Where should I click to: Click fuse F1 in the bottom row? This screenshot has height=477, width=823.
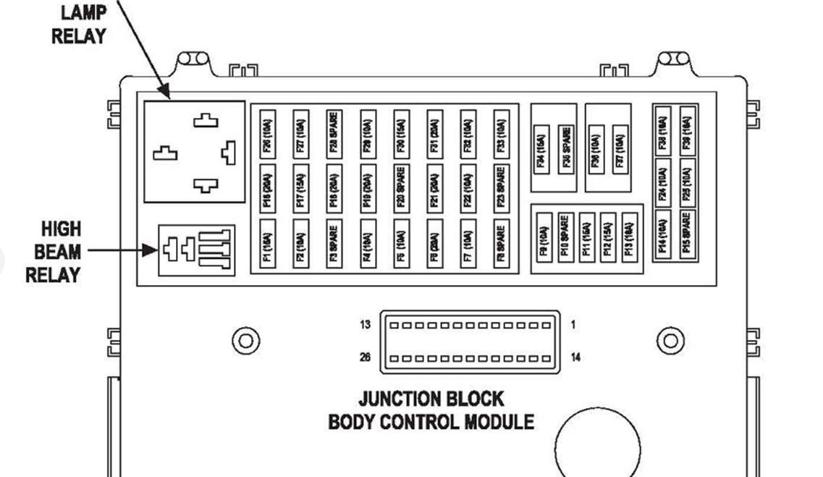pos(268,244)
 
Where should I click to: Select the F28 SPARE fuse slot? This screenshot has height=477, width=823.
pos(334,133)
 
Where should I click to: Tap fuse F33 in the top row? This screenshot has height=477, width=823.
pos(502,133)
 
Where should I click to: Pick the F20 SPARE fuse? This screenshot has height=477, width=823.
pos(401,188)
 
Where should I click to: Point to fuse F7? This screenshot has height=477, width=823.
pos(469,244)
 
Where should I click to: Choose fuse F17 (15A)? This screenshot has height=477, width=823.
pos(301,188)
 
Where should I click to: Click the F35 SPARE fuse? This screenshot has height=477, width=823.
pos(565,149)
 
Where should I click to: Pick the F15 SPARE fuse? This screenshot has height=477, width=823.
pos(687,236)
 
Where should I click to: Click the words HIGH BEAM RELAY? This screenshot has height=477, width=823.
pos(53,252)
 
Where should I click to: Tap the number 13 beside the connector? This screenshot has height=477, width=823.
pos(365,324)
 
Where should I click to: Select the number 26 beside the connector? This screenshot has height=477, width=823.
pos(365,357)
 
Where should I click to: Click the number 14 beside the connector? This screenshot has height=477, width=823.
pos(575,357)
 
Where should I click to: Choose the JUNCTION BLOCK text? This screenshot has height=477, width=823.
pos(431,399)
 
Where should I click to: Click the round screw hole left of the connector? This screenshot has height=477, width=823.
pos(246,341)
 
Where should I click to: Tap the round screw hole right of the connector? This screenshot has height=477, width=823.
pos(671,341)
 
